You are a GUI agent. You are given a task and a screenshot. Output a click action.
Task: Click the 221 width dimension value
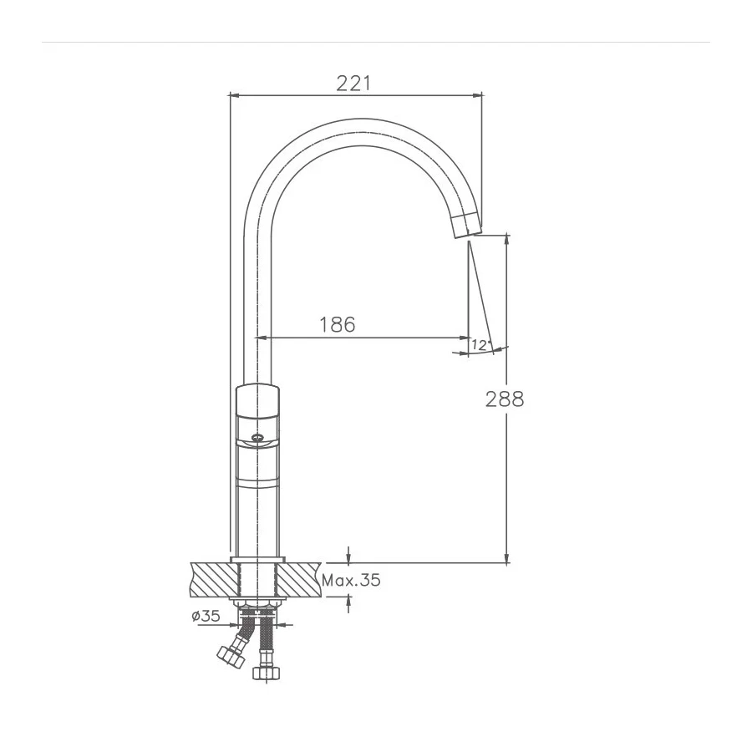click(x=353, y=83)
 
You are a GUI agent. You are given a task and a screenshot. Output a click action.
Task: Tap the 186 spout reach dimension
click(x=338, y=324)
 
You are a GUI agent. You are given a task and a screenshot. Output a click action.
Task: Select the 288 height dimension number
click(x=505, y=399)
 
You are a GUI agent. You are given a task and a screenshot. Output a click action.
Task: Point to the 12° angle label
click(x=480, y=344)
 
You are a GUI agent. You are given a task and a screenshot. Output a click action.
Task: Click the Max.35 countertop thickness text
click(x=352, y=581)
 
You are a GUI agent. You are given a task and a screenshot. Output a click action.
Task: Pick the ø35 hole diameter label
click(x=206, y=617)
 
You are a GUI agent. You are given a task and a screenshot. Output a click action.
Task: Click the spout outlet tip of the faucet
click(x=465, y=226)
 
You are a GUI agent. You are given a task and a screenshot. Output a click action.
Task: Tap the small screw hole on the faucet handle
click(x=257, y=435)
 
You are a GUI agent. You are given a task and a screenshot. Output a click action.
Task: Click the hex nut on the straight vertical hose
click(x=267, y=673)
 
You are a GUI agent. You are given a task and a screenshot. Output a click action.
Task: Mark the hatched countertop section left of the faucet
click(x=214, y=579)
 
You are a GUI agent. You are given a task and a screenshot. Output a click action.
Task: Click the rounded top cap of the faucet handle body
click(x=257, y=390)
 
